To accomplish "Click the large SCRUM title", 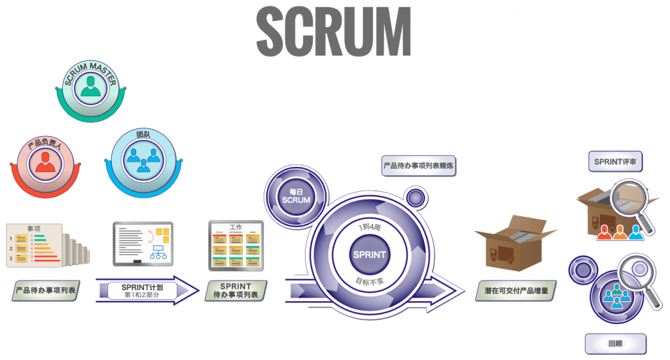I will [334, 31].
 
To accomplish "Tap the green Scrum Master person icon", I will [90, 89].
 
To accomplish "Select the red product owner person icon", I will [45, 162].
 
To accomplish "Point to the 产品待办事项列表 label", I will [45, 289].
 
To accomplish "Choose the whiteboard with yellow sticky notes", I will [143, 243].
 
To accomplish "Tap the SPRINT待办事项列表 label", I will [236, 290].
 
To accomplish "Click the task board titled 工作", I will [236, 245].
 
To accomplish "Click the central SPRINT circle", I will [370, 255].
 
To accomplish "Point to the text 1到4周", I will [370, 227].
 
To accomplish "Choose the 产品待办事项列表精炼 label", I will [419, 166].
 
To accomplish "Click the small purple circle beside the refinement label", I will [414, 196].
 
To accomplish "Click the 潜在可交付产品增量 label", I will [516, 290].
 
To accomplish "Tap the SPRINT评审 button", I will [615, 162].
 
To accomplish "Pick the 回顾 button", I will [615, 343].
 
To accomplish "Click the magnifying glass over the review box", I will [631, 203].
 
